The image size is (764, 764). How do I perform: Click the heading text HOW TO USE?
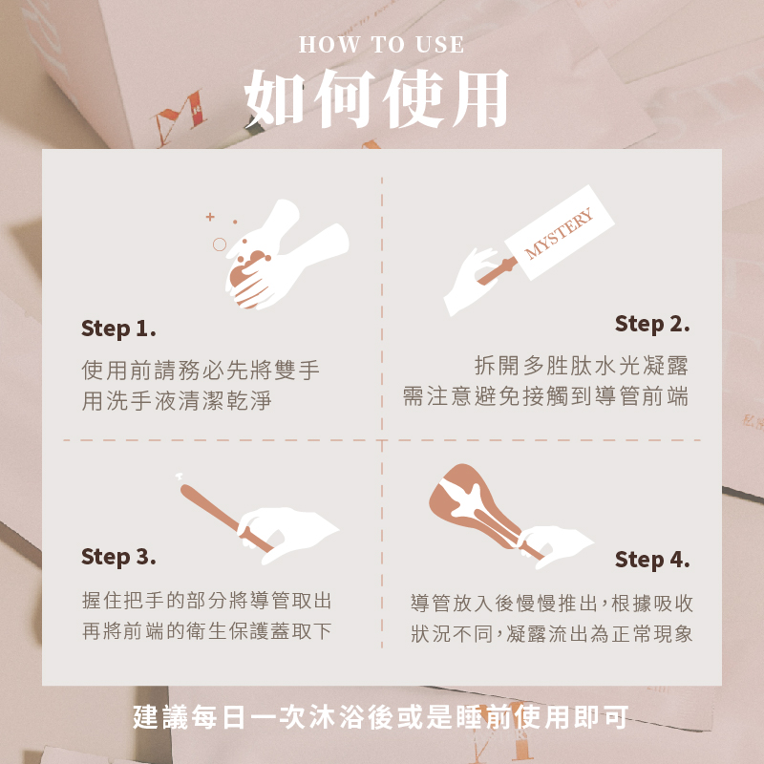click(x=381, y=45)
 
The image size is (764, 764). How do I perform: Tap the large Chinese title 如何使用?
click(x=376, y=99)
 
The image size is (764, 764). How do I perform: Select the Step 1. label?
click(x=118, y=329)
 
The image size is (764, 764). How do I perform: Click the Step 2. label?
click(x=652, y=325)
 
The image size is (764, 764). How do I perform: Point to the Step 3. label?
click(x=118, y=557)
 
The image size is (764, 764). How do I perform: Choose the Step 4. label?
click(x=652, y=560)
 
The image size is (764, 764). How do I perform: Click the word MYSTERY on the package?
click(x=559, y=233)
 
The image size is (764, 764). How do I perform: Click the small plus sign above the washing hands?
click(x=210, y=217)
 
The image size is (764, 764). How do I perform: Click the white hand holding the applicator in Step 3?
click(x=288, y=535)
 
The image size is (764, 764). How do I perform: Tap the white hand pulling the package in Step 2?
click(x=470, y=282)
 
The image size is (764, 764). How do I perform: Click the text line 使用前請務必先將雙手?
click(x=201, y=370)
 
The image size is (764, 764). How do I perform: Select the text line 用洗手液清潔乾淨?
click(x=177, y=400)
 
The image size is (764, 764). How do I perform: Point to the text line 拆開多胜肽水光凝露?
click(x=581, y=366)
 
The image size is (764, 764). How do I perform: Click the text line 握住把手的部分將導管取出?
click(x=206, y=601)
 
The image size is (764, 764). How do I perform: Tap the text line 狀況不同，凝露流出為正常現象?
click(x=552, y=634)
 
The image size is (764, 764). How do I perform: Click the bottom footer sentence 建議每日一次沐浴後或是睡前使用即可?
click(x=380, y=717)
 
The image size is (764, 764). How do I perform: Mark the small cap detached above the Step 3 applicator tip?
click(x=179, y=476)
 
